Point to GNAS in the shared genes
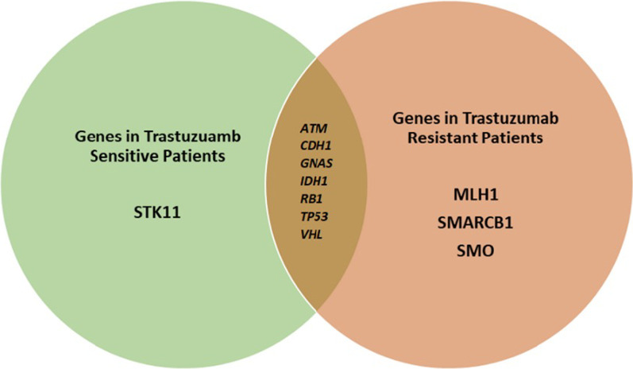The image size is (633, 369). click(313, 162)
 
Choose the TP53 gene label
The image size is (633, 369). click(312, 216)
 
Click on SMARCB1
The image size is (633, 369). click(465, 222)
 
